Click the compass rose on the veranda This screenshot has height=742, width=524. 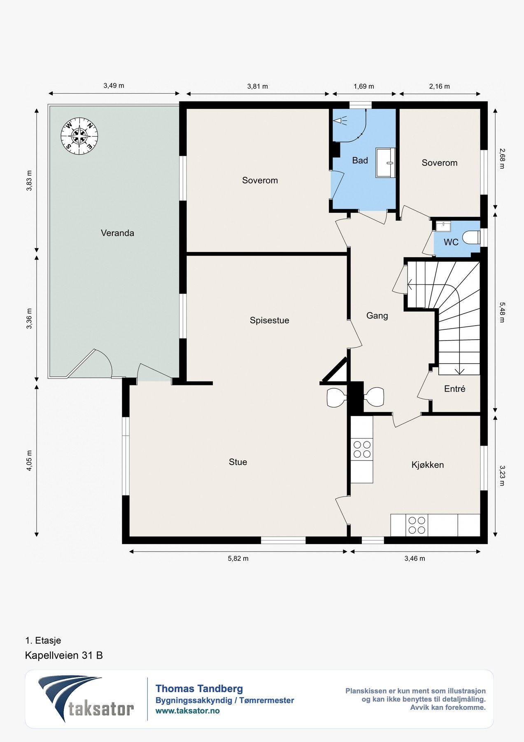(x=79, y=136)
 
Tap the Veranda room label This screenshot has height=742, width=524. (x=117, y=233)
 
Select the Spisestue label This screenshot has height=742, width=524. (x=269, y=320)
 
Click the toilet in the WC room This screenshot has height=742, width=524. (x=471, y=237)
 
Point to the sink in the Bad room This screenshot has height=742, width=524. (x=386, y=163)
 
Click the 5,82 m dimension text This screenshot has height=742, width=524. (x=238, y=559)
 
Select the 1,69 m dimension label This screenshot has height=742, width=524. (x=364, y=86)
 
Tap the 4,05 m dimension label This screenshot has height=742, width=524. (x=29, y=460)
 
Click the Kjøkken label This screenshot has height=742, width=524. (x=428, y=465)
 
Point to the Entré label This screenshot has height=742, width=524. (x=455, y=389)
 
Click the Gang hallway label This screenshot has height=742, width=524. (x=377, y=316)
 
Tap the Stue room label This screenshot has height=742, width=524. (x=238, y=462)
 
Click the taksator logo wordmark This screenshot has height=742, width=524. (x=101, y=709)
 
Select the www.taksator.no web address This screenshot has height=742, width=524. (x=188, y=711)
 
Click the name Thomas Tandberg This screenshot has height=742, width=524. (x=199, y=688)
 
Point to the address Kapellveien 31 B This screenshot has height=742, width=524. (x=64, y=655)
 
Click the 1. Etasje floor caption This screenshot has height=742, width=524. (x=43, y=641)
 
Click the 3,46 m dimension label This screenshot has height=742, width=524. (x=415, y=559)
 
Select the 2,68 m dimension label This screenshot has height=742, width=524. (x=502, y=159)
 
